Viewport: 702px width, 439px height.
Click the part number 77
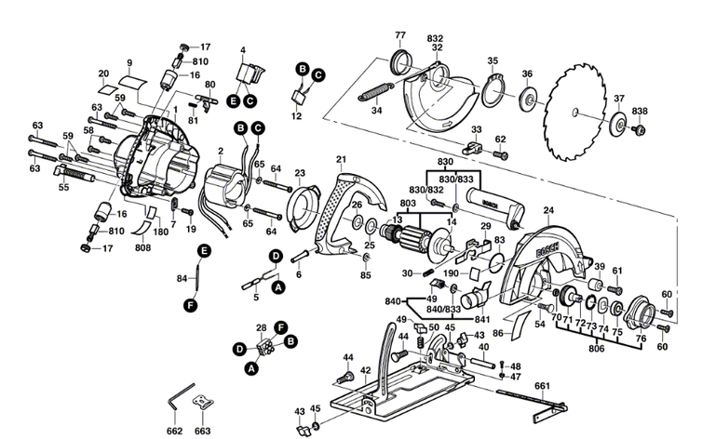coord(400,35)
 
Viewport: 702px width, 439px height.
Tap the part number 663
coord(202,432)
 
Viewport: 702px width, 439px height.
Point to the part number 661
coord(542,385)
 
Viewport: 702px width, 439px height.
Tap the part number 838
coord(640,112)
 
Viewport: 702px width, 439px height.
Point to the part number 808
coord(142,248)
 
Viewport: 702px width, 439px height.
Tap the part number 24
coord(547,210)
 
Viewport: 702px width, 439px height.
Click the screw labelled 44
coord(345,377)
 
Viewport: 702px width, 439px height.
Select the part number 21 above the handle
coord(341,159)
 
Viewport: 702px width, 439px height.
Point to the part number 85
coord(366,275)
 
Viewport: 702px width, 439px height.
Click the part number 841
coord(456,318)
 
